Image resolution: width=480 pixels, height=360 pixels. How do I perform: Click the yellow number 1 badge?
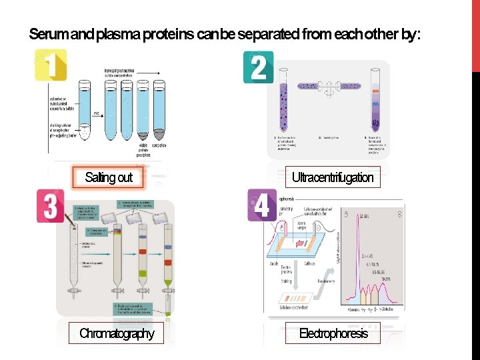(x=51, y=65)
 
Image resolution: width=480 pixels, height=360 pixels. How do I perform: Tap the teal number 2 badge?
(x=259, y=67)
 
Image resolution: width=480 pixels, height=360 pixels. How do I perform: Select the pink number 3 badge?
(x=51, y=206)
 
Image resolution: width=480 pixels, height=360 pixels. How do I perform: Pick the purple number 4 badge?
(x=261, y=205)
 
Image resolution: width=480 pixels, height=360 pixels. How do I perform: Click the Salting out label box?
(x=109, y=177)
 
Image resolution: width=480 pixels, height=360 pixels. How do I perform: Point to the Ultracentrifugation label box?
(x=333, y=177)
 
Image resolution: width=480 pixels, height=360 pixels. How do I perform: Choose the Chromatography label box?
(x=117, y=333)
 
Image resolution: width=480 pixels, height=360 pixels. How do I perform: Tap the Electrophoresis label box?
(x=333, y=333)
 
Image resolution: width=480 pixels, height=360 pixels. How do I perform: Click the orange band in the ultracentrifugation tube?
(x=376, y=91)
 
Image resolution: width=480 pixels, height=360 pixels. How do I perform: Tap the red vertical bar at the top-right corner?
(x=475, y=33)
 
